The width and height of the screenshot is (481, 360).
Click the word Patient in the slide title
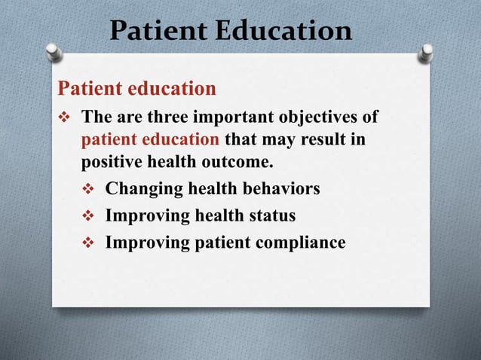(x=157, y=31)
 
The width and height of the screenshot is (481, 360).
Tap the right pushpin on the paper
(x=427, y=51)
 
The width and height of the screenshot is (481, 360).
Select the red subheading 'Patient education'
(x=136, y=89)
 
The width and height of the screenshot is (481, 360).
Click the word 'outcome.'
(x=240, y=162)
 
